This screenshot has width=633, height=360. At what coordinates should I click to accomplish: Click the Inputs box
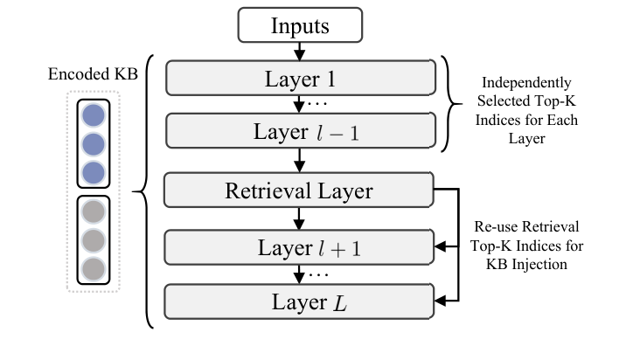pyautogui.click(x=299, y=25)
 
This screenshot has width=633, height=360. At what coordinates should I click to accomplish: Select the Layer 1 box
pyautogui.click(x=299, y=79)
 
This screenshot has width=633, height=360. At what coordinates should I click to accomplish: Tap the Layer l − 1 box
pyautogui.click(x=299, y=133)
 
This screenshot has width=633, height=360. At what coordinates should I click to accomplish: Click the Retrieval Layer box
pyautogui.click(x=299, y=191)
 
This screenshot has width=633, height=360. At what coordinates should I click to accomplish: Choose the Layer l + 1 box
pyautogui.click(x=299, y=247)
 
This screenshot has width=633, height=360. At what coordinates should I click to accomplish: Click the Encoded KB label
pyautogui.click(x=93, y=73)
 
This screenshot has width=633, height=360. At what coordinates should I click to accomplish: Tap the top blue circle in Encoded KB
pyautogui.click(x=94, y=117)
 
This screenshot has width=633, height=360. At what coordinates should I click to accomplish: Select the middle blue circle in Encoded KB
pyautogui.click(x=94, y=144)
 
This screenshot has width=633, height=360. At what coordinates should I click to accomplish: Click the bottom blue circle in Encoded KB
pyautogui.click(x=94, y=171)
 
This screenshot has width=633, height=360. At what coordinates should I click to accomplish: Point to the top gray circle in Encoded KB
pyautogui.click(x=94, y=212)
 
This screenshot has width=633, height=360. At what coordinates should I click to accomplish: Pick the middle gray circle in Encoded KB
pyautogui.click(x=94, y=239)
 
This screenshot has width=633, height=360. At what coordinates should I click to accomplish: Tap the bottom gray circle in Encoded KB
pyautogui.click(x=94, y=267)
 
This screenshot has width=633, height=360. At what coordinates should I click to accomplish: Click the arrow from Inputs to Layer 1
pyautogui.click(x=299, y=51)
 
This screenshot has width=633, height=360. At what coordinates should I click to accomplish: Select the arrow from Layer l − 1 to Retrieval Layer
pyautogui.click(x=299, y=161)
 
